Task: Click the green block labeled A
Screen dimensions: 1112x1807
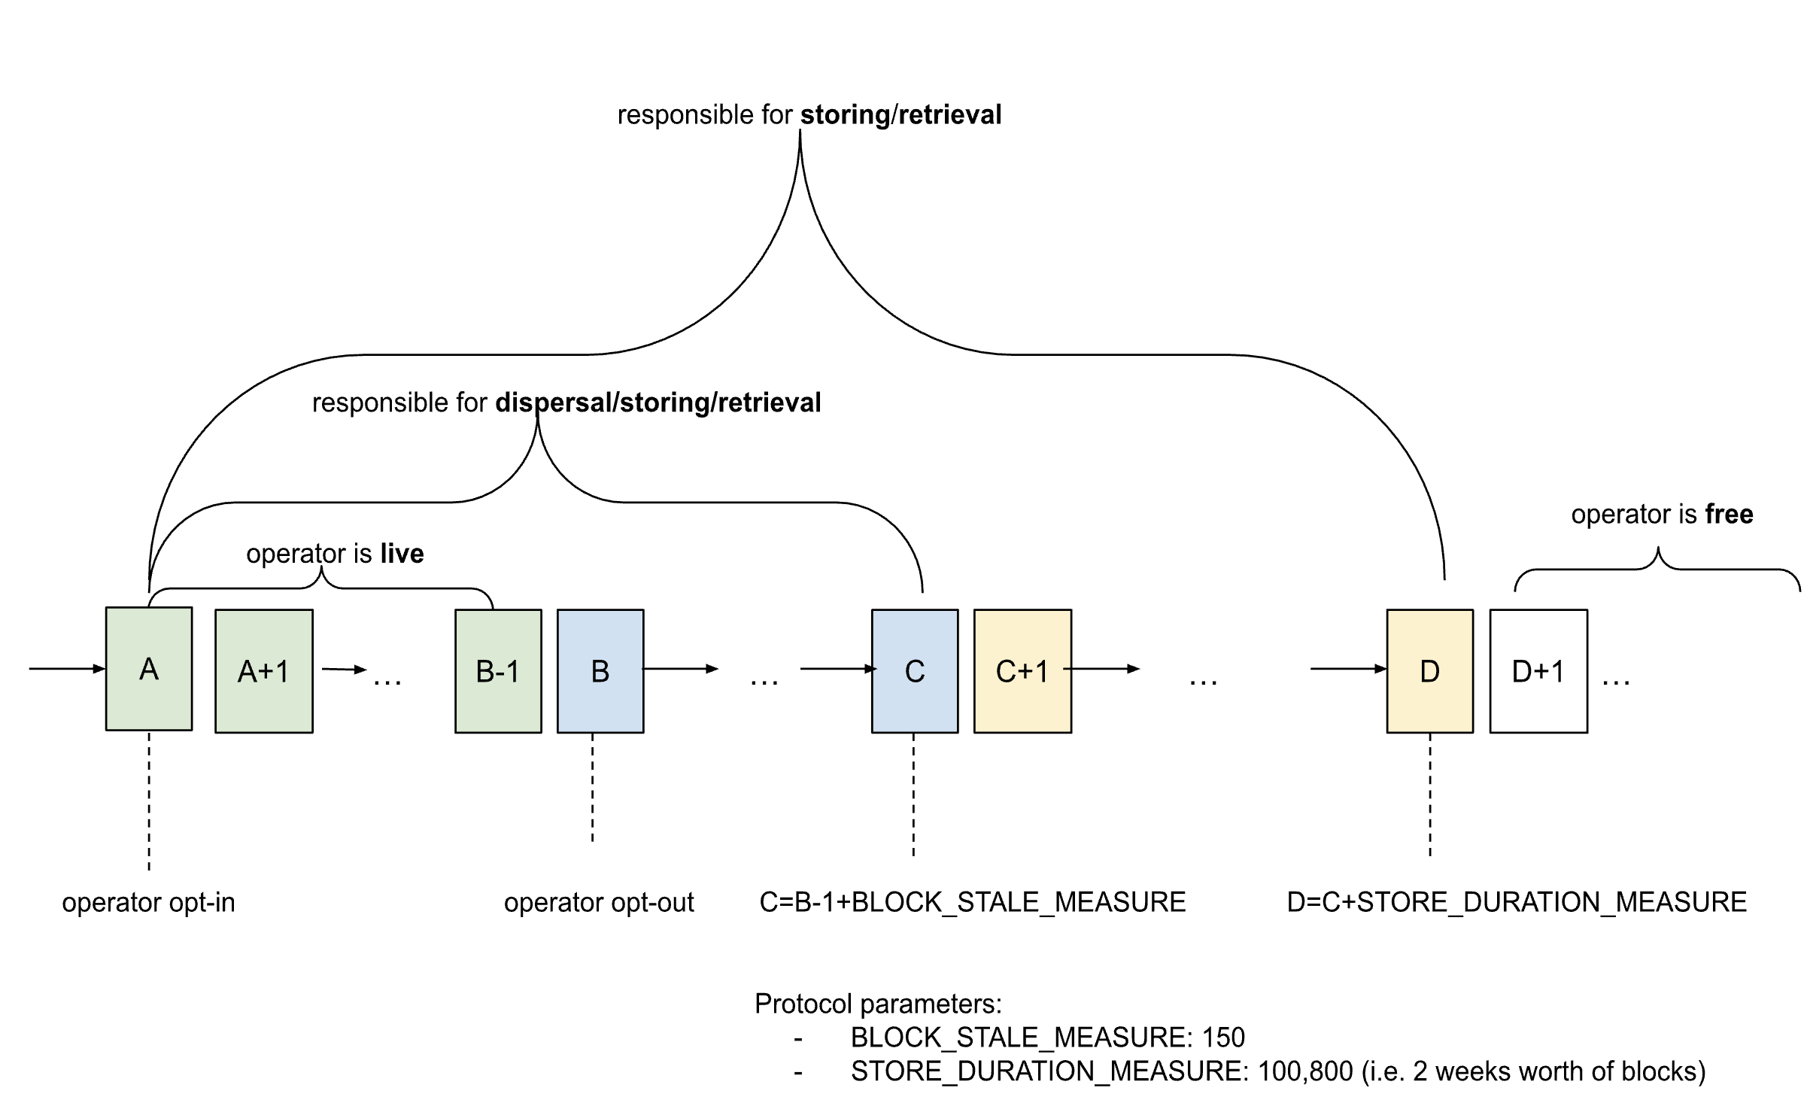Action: point(149,668)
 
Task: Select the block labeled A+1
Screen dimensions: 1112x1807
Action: point(264,670)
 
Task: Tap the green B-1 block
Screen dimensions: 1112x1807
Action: point(498,670)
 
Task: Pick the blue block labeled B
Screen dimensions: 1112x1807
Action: point(600,670)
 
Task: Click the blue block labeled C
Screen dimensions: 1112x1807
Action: point(915,670)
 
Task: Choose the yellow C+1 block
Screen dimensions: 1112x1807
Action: point(1022,670)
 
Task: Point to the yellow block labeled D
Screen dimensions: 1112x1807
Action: point(1429,670)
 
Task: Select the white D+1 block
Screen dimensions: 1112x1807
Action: point(1538,670)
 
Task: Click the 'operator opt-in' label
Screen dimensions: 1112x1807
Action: point(148,902)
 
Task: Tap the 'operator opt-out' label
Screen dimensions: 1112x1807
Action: point(599,902)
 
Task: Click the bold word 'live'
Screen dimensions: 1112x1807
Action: point(402,554)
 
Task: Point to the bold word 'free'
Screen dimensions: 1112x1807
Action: point(1729,515)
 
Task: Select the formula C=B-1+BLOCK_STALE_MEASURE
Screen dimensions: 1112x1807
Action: point(972,902)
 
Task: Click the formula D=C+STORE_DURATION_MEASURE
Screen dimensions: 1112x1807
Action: point(1517,902)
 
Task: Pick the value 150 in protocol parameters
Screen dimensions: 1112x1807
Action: point(1223,1038)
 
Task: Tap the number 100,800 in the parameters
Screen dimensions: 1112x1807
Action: point(1305,1071)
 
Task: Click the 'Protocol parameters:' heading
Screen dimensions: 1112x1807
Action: point(878,1004)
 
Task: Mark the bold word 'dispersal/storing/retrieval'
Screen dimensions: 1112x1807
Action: point(658,403)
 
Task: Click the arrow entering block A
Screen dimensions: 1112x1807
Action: point(67,668)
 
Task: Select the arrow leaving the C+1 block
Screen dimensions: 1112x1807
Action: point(1102,668)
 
